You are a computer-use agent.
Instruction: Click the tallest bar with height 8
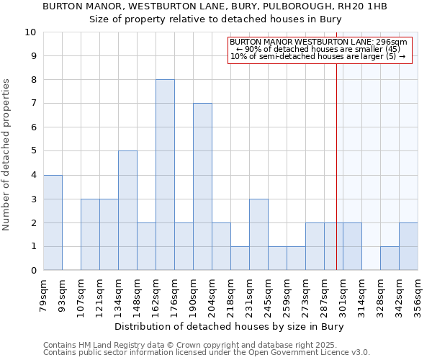click(x=165, y=174)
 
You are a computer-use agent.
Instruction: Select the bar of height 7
click(x=202, y=186)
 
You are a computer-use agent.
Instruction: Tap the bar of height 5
click(x=127, y=210)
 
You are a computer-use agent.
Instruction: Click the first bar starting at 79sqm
click(x=53, y=222)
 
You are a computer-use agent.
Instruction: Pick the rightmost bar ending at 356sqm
click(x=408, y=246)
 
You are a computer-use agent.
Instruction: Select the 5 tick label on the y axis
click(x=32, y=151)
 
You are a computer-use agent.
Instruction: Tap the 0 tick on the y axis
click(x=32, y=270)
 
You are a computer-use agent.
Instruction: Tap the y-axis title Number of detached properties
click(x=7, y=156)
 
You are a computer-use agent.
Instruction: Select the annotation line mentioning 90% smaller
click(x=319, y=49)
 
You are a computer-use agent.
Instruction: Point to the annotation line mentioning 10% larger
click(x=319, y=56)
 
